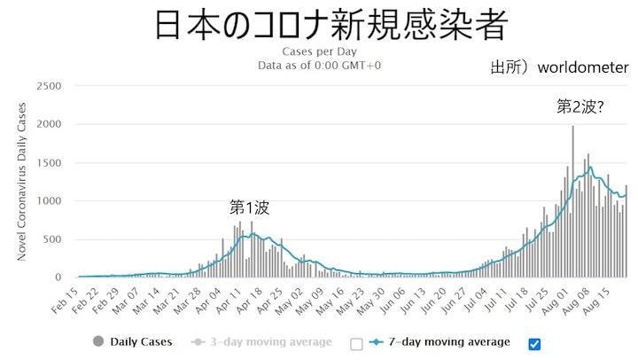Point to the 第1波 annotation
point(249,207)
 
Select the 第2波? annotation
point(580,106)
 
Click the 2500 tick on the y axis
point(49,86)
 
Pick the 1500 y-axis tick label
point(49,163)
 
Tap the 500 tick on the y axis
point(52,239)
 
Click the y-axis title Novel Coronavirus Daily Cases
point(21,182)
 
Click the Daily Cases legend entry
point(133,342)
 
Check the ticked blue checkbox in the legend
point(533,344)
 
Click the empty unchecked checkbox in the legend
point(356,344)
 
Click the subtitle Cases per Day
point(319,51)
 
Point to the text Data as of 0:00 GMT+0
point(319,65)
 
